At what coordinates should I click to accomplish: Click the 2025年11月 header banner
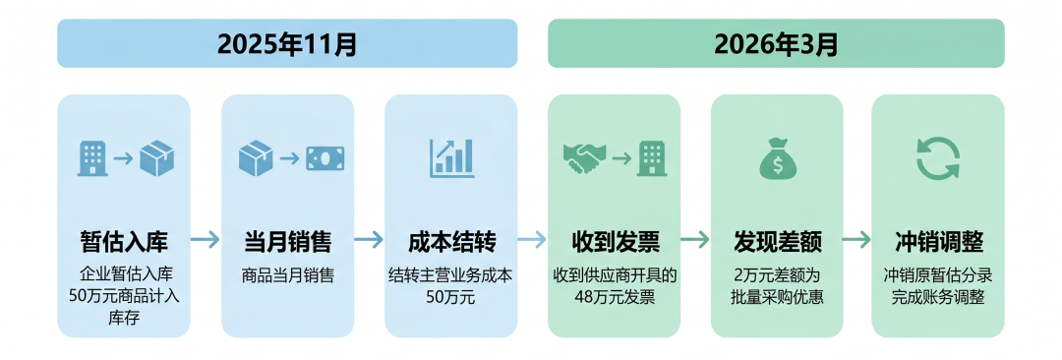point(287,43)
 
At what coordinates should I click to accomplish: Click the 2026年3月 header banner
point(776,43)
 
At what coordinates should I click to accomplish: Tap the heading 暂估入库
point(123,242)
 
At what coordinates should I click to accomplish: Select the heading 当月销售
point(288,242)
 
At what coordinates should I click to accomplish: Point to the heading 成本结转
point(451,242)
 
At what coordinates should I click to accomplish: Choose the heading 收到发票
point(615,242)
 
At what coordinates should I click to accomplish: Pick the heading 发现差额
point(777,242)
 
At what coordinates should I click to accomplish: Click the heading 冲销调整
point(938,242)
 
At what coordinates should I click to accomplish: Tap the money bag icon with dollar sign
point(777,158)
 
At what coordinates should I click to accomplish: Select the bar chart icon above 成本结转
point(451,158)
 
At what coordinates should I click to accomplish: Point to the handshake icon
point(585,158)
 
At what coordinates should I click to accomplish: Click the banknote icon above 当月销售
point(325,158)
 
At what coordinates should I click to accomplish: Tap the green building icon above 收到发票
point(652,158)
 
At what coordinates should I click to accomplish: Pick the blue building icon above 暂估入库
point(92,158)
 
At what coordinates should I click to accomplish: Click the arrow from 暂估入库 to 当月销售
point(206,239)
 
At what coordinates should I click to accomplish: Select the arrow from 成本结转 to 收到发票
point(532,239)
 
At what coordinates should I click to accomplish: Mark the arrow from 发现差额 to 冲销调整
point(856,239)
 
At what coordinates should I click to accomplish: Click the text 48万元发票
point(615,297)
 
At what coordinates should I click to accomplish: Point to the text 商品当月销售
point(288,276)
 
